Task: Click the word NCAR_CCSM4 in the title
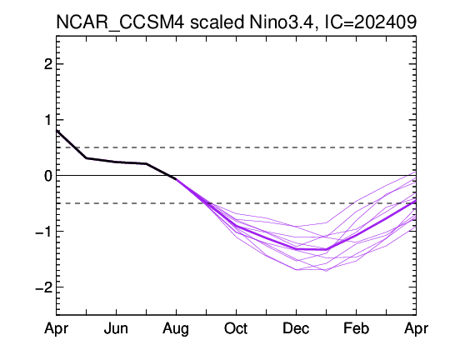click(x=120, y=22)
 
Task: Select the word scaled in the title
click(x=217, y=22)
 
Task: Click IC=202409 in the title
click(x=370, y=22)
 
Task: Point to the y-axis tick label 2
click(x=48, y=64)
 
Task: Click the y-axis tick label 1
click(x=48, y=120)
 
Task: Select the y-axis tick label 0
click(x=48, y=175)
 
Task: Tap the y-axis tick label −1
click(x=44, y=231)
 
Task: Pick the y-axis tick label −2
click(x=44, y=287)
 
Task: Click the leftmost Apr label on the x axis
click(x=57, y=328)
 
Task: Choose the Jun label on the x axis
click(x=116, y=328)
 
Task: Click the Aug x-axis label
click(x=176, y=328)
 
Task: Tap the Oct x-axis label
click(x=236, y=328)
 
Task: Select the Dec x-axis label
click(x=296, y=328)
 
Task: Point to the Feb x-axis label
click(x=356, y=328)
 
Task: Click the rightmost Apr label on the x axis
click(x=416, y=328)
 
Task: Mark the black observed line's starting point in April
click(x=57, y=131)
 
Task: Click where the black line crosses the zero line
click(x=168, y=175)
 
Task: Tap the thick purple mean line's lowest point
click(x=326, y=249)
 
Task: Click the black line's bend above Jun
click(x=116, y=162)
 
